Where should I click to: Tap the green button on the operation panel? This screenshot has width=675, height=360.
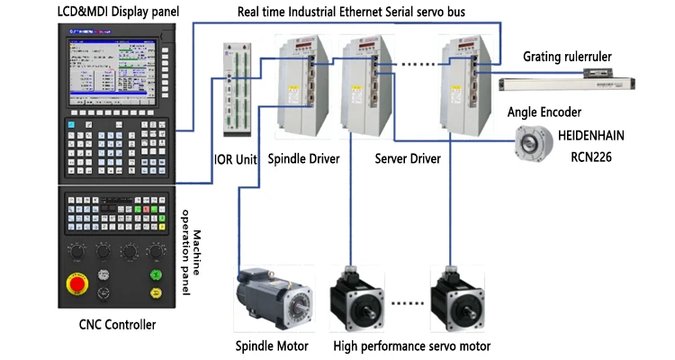pos(157,274)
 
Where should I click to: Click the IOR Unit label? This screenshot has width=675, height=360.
pos(236,159)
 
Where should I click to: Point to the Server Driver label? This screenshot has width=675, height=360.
pos(407,159)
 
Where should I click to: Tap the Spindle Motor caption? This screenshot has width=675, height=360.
pos(272,346)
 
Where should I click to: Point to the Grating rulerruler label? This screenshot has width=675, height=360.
pos(568,57)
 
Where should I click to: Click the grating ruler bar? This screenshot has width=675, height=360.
pos(568,83)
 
